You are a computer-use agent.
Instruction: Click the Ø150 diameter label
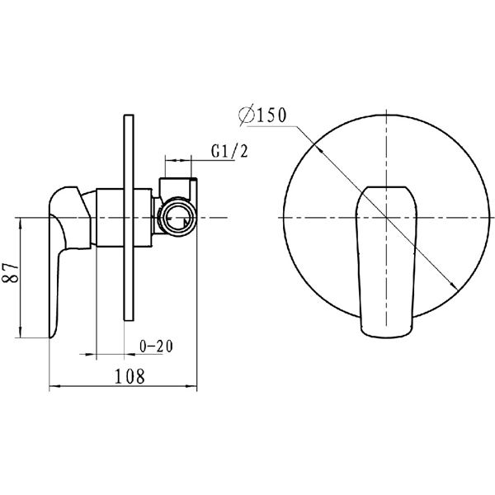[262, 115]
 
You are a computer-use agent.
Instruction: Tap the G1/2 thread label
[229, 151]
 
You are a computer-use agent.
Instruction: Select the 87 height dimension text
[11, 273]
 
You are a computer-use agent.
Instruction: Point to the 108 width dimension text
[130, 376]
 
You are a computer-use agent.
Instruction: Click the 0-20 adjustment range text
[157, 346]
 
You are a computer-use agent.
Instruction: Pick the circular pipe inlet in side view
[177, 216]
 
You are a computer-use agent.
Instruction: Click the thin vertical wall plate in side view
[130, 218]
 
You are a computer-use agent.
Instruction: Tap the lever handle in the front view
[387, 262]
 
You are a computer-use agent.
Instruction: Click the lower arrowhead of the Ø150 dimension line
[454, 286]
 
